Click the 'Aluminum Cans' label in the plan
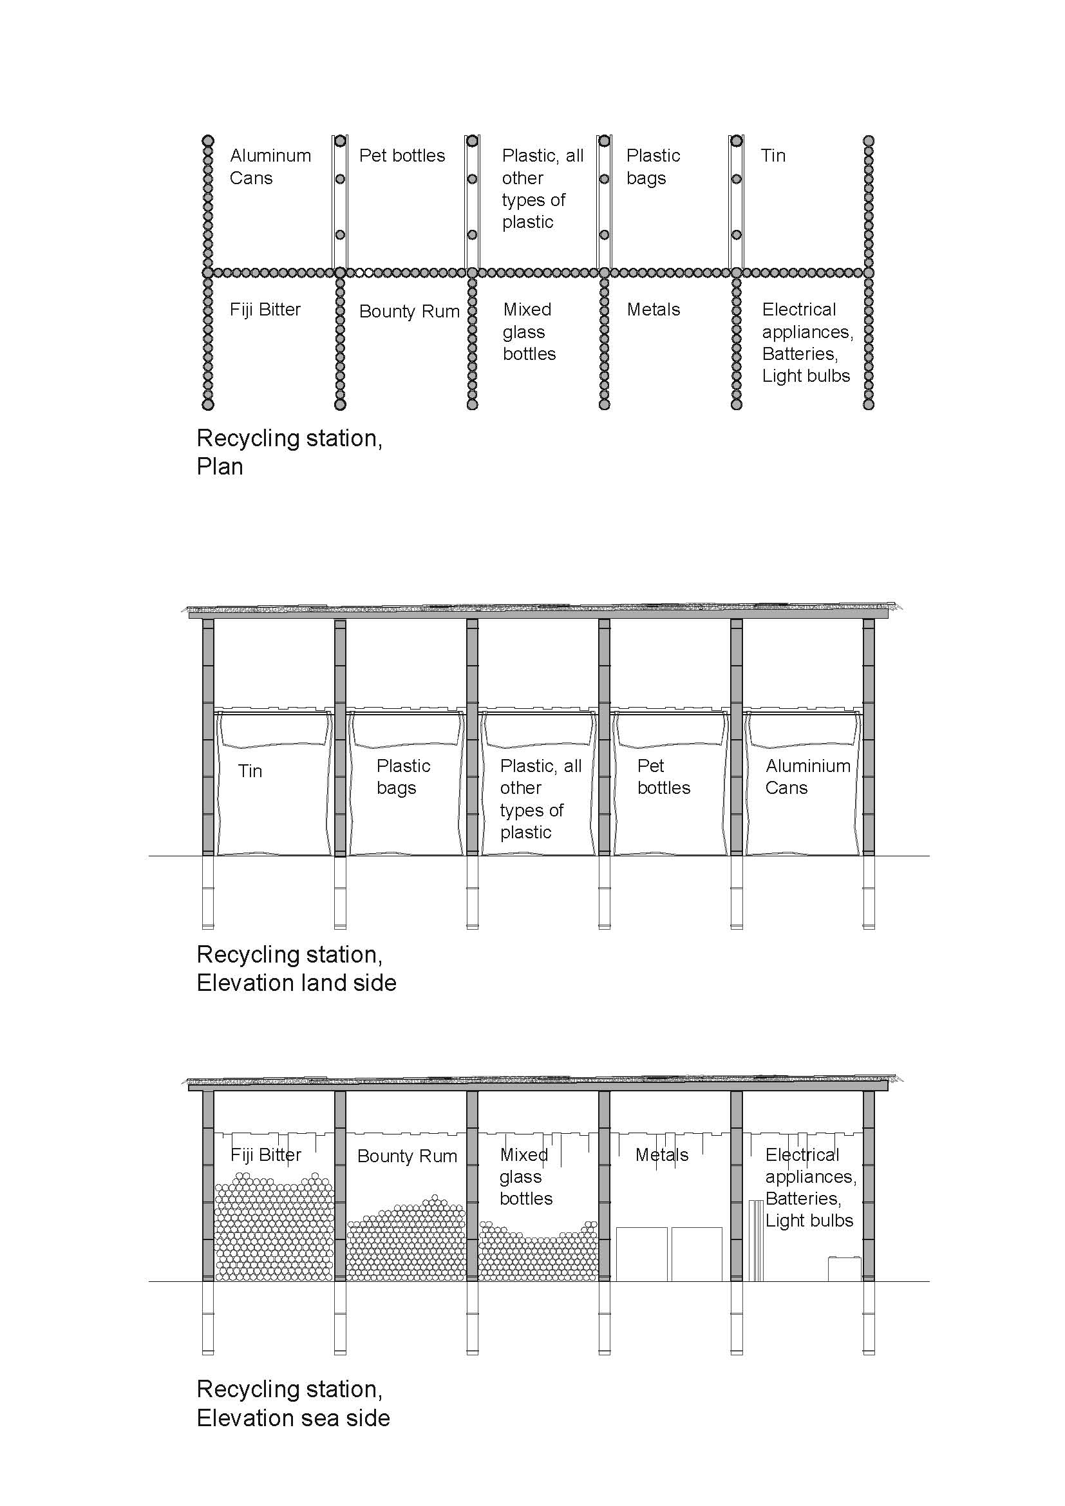pyautogui.click(x=270, y=167)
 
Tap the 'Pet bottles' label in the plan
pyautogui.click(x=401, y=155)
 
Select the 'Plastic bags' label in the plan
pyautogui.click(x=652, y=167)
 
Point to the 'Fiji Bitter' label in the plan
pyautogui.click(x=265, y=310)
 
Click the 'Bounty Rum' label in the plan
pyautogui.click(x=409, y=312)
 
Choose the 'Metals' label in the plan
pyautogui.click(x=653, y=310)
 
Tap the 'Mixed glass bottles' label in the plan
pyautogui.click(x=529, y=331)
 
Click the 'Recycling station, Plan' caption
pyautogui.click(x=289, y=452)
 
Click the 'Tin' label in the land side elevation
pyautogui.click(x=250, y=771)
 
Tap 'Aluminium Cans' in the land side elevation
pyautogui.click(x=807, y=777)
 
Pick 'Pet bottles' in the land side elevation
pyautogui.click(x=663, y=777)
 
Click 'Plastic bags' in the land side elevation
pyautogui.click(x=402, y=777)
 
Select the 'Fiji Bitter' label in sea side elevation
pyautogui.click(x=265, y=1154)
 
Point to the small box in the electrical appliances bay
pyautogui.click(x=844, y=1268)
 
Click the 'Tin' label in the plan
pyautogui.click(x=773, y=155)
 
